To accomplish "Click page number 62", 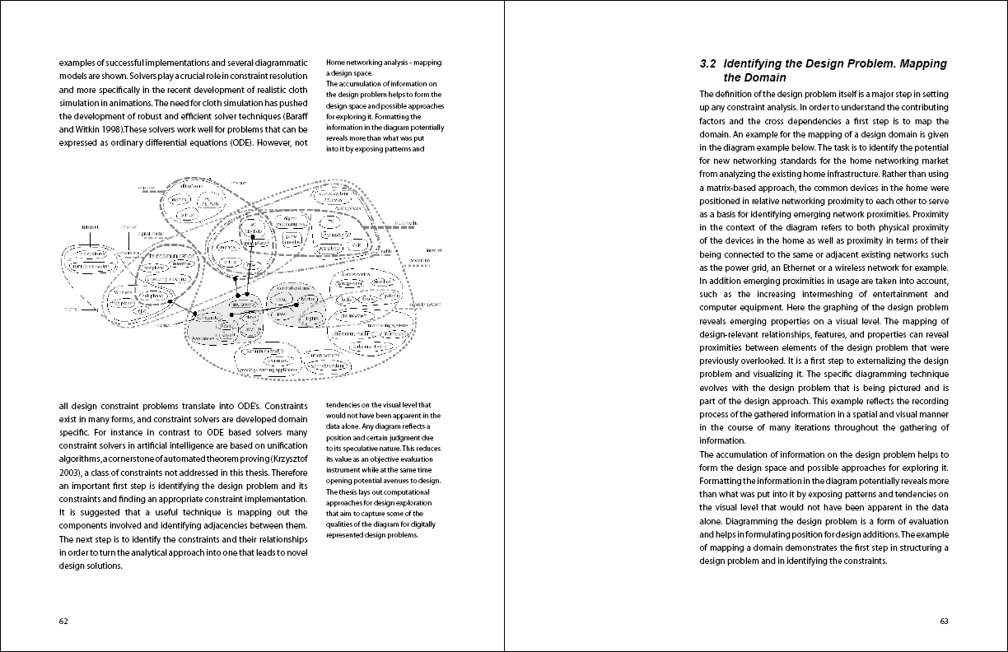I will tap(63, 621).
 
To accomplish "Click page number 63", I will tap(944, 621).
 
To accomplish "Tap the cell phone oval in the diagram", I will tap(153, 295).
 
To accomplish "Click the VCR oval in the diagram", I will tap(356, 245).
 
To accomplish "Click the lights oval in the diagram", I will tap(312, 318).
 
